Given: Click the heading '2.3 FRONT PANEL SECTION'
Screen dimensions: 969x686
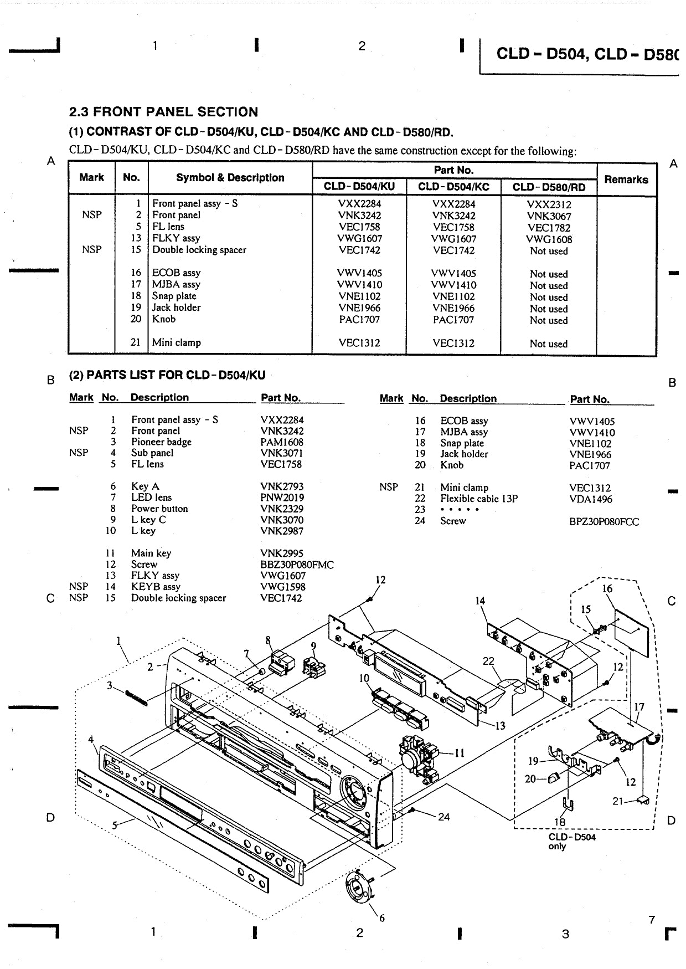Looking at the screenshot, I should coord(163,112).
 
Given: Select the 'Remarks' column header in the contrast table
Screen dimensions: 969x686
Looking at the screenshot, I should coord(626,180).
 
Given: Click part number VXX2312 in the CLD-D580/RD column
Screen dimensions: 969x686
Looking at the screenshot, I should coord(549,204).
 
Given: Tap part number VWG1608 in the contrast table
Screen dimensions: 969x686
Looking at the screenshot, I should coord(549,239).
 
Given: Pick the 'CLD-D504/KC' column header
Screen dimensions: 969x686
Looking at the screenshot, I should coord(453,187).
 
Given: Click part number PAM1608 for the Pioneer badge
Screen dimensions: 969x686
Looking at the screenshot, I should coord(282,442).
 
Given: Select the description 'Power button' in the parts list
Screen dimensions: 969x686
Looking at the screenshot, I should coord(159,509).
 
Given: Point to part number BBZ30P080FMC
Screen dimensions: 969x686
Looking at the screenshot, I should coord(297,565).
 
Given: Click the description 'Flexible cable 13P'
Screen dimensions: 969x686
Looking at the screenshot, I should coord(479,499).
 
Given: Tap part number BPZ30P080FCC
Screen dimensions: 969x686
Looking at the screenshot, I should coord(604,522).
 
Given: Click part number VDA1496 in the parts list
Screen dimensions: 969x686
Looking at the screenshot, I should coord(591,499).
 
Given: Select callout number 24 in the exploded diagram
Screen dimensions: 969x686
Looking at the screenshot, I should coord(443,817).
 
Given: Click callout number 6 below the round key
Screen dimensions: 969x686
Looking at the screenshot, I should coord(381,918).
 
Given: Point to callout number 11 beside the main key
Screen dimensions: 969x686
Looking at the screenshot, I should coord(460,753).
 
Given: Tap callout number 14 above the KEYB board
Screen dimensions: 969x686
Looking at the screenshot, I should coord(480,601).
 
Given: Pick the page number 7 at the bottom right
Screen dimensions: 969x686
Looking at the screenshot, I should coord(652,920).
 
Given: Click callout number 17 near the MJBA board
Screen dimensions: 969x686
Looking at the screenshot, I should coord(639,707).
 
